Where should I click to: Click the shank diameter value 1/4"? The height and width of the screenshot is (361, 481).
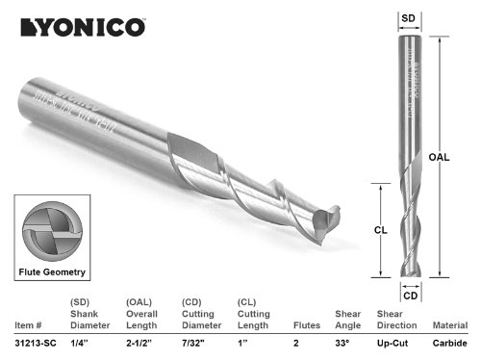[77, 344]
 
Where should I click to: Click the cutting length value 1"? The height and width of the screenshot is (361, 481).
[242, 344]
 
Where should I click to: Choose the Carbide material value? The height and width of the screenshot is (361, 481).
[449, 344]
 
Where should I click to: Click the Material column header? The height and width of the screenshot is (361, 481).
[449, 326]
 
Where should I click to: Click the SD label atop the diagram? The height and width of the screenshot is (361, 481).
[408, 16]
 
